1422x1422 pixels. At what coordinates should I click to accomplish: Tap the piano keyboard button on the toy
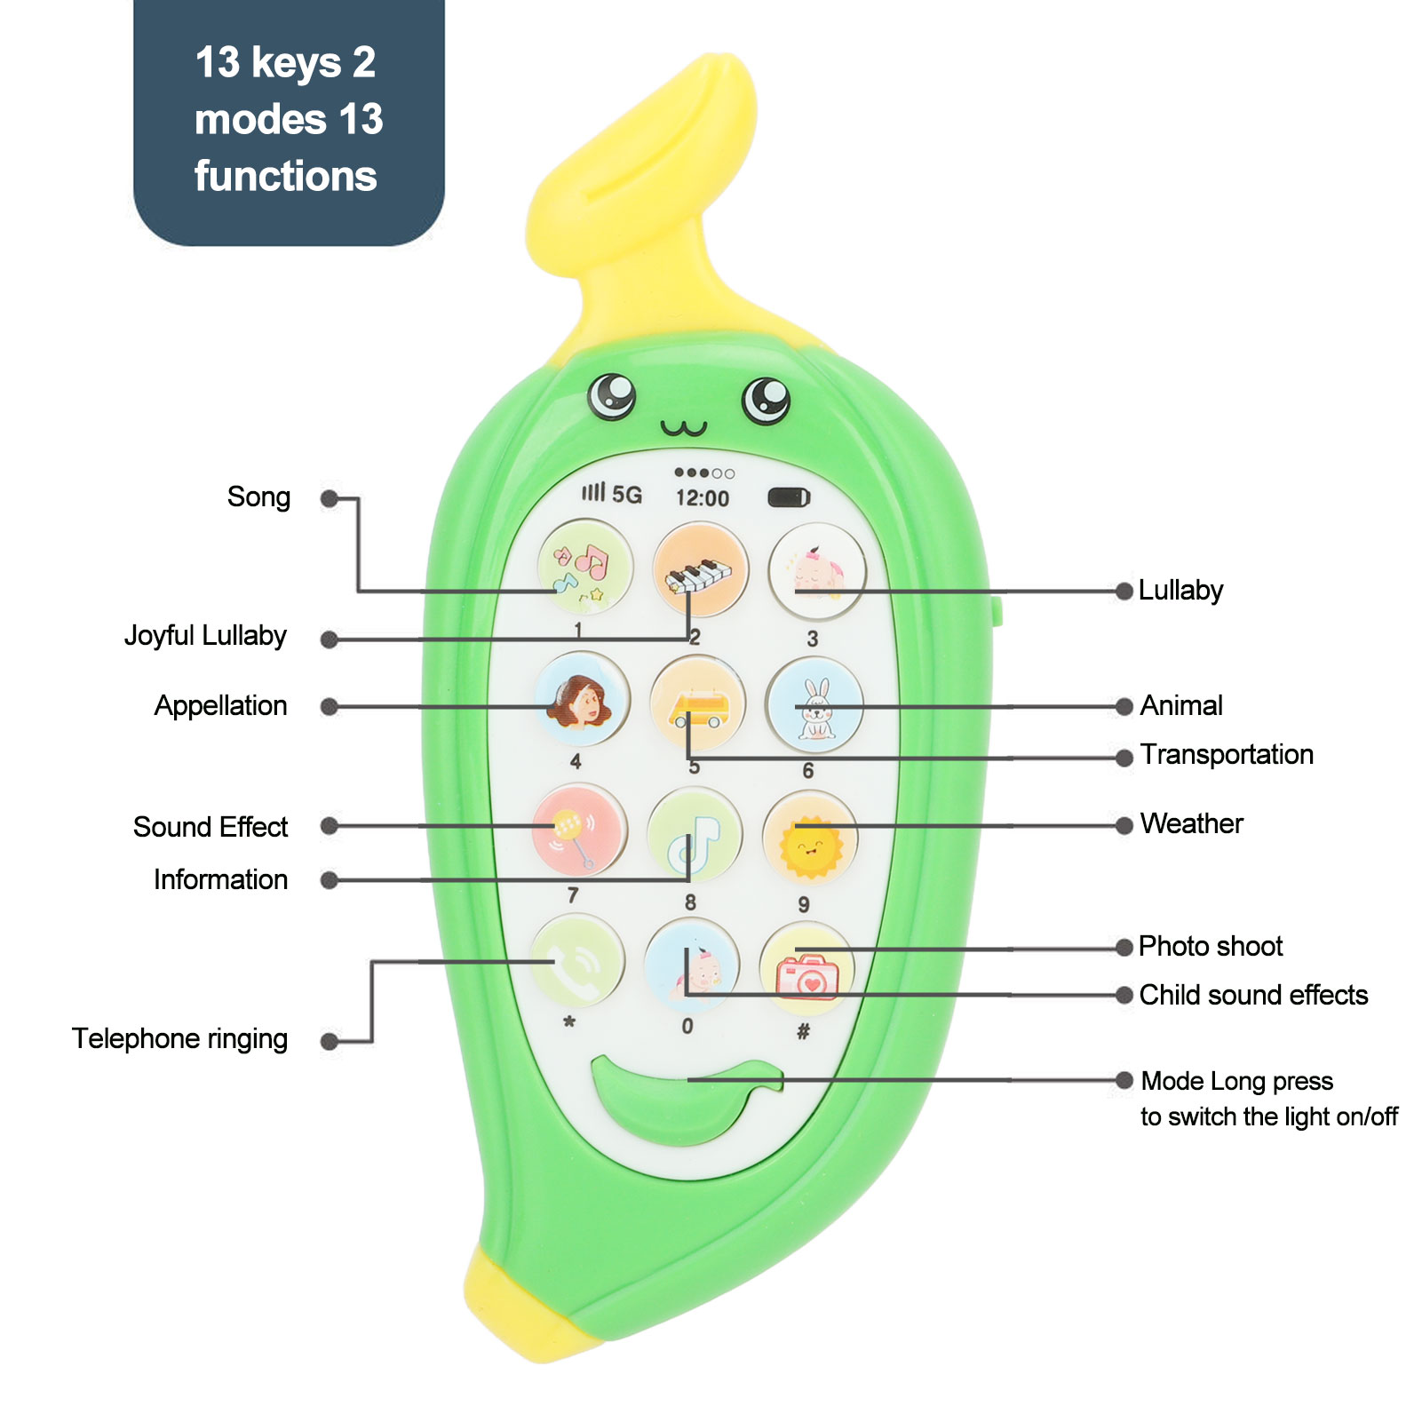click(700, 570)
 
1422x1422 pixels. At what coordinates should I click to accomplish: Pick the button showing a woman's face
click(583, 700)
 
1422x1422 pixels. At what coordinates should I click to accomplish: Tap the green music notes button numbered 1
click(584, 567)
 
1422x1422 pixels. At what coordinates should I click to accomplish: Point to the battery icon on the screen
click(789, 497)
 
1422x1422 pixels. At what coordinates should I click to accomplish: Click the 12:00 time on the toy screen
click(703, 498)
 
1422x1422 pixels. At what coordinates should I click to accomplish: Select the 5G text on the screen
click(627, 495)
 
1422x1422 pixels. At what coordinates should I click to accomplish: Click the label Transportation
click(1226, 755)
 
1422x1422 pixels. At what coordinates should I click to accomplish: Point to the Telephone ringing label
click(179, 1038)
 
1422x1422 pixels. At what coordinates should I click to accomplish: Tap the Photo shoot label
click(1210, 947)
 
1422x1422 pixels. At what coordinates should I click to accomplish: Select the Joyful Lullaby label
click(205, 636)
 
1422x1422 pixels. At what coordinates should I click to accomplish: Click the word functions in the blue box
click(286, 176)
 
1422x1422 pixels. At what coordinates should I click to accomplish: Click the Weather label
click(1191, 824)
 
